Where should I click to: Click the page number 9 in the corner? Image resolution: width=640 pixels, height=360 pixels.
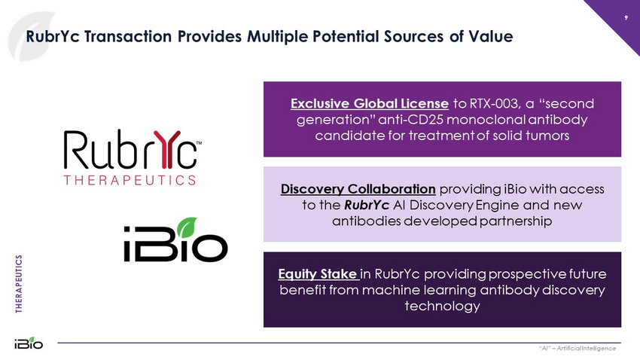pos(626,18)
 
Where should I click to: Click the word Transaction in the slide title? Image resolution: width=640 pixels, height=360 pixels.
pos(128,36)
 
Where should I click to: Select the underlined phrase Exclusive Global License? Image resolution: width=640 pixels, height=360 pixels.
pos(370,104)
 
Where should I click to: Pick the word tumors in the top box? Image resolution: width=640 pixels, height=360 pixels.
pos(548,136)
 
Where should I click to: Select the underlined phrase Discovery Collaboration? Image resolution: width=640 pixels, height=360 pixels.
pos(358,189)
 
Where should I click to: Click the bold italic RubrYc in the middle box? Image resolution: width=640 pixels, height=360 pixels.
pos(367,205)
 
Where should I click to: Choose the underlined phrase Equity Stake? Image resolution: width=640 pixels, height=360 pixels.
pos(318,274)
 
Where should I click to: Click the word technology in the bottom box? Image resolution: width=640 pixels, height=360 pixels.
pos(443,306)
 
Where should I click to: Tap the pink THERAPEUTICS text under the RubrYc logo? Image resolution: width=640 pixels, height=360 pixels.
pos(130,181)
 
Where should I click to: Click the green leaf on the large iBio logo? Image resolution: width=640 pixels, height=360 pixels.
pos(187,227)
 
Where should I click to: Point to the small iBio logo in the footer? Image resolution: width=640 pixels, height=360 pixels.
pos(29,343)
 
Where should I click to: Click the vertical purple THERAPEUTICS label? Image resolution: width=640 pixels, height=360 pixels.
pos(19,284)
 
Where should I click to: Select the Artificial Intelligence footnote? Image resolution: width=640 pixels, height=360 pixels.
pos(578,348)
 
